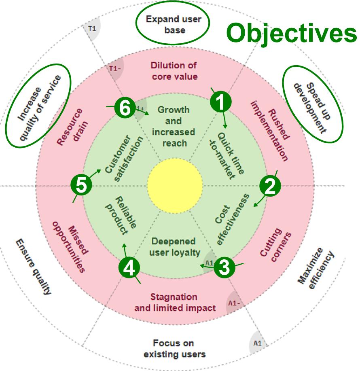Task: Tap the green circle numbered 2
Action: pyautogui.click(x=270, y=186)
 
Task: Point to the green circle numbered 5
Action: pyautogui.click(x=80, y=186)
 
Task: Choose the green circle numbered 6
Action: pyautogui.click(x=124, y=108)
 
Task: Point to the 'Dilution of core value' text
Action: pyautogui.click(x=174, y=70)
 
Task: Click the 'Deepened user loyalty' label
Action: pyautogui.click(x=174, y=247)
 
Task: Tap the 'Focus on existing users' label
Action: pyautogui.click(x=174, y=349)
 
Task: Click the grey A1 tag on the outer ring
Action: pyautogui.click(x=258, y=343)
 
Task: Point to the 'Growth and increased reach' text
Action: pyautogui.click(x=174, y=126)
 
